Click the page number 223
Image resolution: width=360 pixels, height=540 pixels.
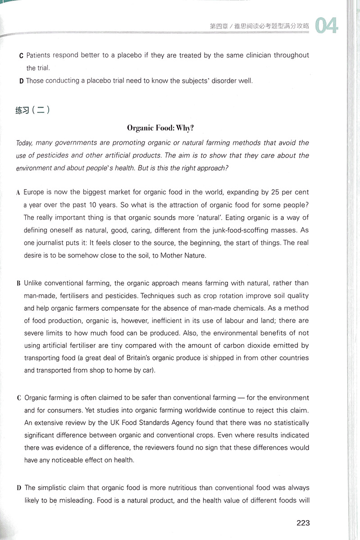pyautogui.click(x=303, y=523)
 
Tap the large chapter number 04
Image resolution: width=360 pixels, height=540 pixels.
pyautogui.click(x=326, y=26)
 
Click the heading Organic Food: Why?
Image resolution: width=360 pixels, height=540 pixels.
pyautogui.click(x=160, y=128)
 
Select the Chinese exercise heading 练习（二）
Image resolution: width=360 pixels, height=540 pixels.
pyautogui.click(x=32, y=110)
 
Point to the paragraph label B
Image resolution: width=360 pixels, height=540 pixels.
pyautogui.click(x=18, y=284)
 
